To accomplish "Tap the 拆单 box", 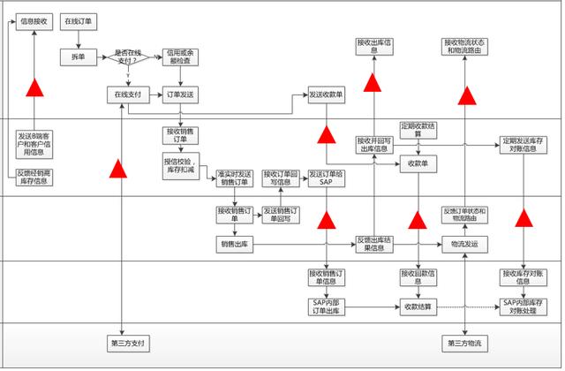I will click(78, 57).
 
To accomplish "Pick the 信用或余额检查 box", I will click(180, 57).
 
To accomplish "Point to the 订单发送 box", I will click(180, 93).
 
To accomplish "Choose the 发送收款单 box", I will click(326, 93).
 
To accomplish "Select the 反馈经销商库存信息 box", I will click(34, 176).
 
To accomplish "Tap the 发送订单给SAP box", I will click(326, 178).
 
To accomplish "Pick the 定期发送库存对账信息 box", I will click(524, 144).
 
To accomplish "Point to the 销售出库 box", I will click(234, 242).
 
